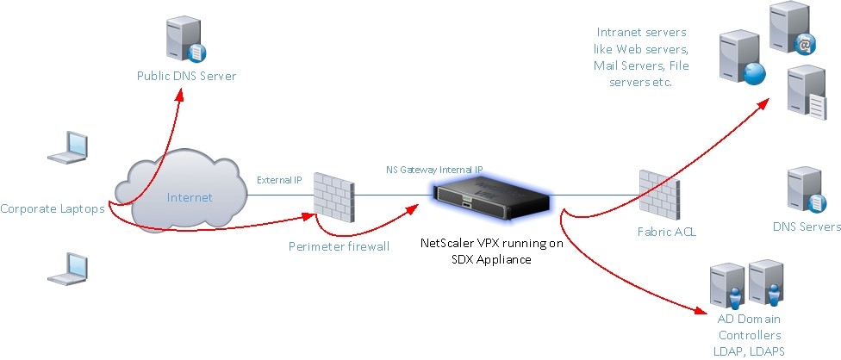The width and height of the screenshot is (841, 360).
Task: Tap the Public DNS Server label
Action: coord(186,76)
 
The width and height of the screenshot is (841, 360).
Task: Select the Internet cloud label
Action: coord(190,198)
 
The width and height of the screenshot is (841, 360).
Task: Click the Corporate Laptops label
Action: coord(52,209)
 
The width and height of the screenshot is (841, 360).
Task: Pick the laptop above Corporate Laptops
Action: coord(67,146)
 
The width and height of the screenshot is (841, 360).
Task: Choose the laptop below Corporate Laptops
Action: coord(67,269)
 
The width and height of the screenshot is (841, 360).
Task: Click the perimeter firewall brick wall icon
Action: coord(334,197)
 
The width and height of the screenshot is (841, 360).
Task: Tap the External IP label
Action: coord(279,180)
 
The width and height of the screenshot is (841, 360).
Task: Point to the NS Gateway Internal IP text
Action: coord(434,170)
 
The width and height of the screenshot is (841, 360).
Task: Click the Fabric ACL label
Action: coord(667,233)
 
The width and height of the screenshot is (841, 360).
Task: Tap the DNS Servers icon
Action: coord(806,189)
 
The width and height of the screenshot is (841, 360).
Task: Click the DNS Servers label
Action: coord(807,227)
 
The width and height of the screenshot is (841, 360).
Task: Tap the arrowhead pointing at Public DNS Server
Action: coord(180,95)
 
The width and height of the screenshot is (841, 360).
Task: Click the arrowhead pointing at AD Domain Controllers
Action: coord(698,310)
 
